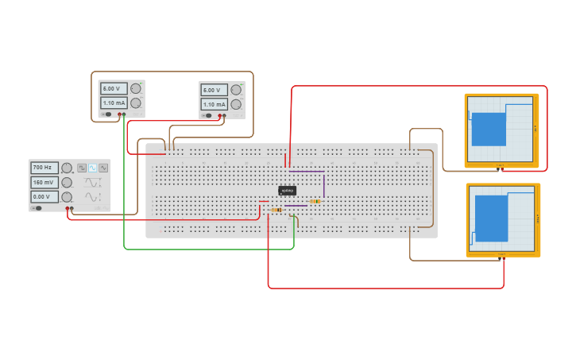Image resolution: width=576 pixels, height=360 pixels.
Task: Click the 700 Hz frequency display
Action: (44, 168)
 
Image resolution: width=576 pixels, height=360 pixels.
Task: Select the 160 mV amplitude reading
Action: (44, 182)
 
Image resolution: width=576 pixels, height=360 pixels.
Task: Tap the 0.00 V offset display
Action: (44, 196)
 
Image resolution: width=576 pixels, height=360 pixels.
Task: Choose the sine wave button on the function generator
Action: (93, 168)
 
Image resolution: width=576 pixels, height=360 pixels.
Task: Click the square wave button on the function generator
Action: (82, 168)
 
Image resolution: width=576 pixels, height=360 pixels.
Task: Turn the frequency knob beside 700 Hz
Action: (68, 168)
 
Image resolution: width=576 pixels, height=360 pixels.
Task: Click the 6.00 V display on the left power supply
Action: (112, 88)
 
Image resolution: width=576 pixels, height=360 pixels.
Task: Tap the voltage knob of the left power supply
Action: (136, 88)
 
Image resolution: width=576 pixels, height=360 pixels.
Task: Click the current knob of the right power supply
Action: (236, 104)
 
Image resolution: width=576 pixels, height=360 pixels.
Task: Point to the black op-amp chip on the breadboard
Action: (287, 190)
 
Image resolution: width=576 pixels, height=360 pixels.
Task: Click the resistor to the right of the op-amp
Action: (315, 201)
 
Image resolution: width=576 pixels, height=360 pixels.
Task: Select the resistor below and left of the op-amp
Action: (276, 210)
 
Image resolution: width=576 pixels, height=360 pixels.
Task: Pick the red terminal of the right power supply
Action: (220, 115)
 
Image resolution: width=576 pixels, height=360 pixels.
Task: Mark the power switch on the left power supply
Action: (106, 114)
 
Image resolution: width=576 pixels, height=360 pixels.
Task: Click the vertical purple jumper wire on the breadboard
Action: (324, 184)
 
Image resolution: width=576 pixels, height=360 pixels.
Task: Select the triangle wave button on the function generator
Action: (103, 168)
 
